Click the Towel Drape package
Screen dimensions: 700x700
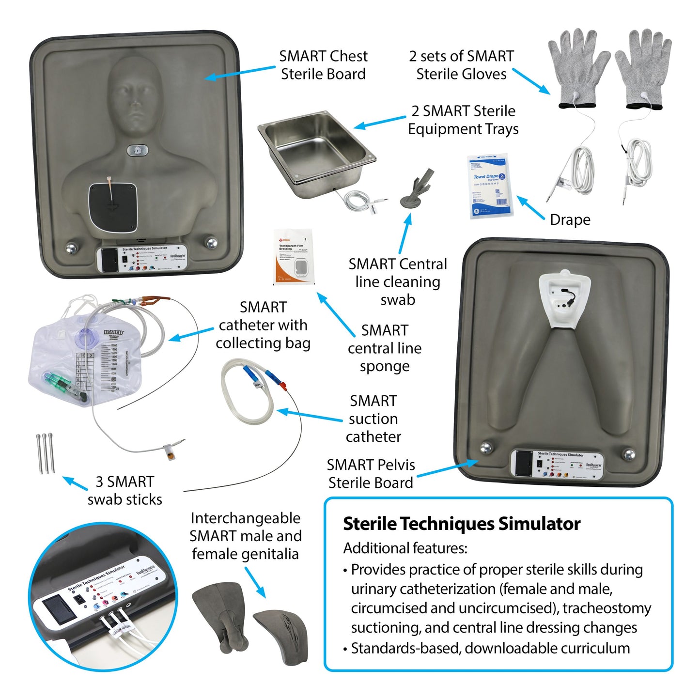pos(489,187)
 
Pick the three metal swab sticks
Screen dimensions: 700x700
pos(45,453)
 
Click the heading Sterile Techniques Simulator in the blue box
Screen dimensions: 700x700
pos(461,524)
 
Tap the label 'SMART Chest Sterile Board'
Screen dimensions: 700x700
pos(323,65)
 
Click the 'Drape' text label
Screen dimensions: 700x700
pos(570,220)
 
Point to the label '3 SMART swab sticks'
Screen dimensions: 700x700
pos(125,490)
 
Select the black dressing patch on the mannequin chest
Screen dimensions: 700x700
pos(112,207)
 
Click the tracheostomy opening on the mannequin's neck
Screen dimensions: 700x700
pos(137,151)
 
